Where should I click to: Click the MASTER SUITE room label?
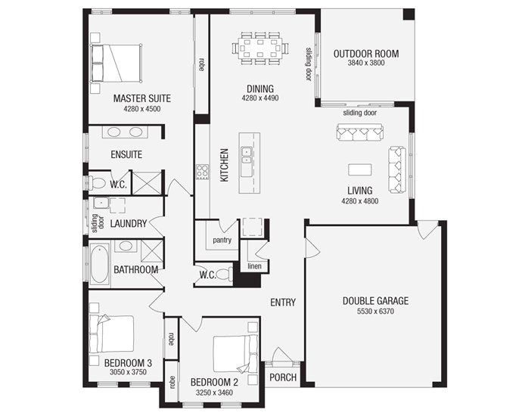pos(141,98)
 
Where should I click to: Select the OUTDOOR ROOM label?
pos(366,54)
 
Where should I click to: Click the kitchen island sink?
pos(247,156)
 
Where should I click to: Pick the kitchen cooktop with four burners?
pos(203,172)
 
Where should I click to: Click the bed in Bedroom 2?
pos(232,352)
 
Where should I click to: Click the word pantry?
pos(222,241)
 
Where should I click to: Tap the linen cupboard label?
pos(255,265)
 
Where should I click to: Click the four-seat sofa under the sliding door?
pos(360,133)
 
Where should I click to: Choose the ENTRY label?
pos(283,303)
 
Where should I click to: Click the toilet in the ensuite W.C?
pos(98,182)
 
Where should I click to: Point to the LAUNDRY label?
pos(128,224)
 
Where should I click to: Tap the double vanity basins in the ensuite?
pos(126,132)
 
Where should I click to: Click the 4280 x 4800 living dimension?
pos(360,201)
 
